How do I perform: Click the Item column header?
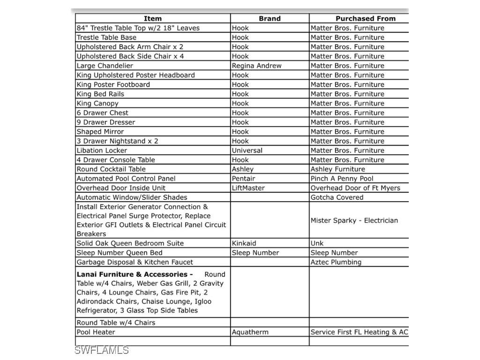[x=152, y=19]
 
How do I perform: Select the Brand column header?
[x=270, y=19]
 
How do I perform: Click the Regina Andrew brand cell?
[x=256, y=66]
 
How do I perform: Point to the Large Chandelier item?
[x=105, y=66]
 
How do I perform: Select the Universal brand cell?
[x=247, y=150]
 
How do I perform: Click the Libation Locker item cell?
[x=102, y=150]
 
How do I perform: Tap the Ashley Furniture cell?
[x=337, y=169]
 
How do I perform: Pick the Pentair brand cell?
[x=243, y=179]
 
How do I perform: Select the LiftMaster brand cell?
[x=248, y=188]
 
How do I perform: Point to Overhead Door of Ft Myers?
[x=355, y=188]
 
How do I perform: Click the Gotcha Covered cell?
[x=337, y=197]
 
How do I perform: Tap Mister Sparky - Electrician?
[x=354, y=220]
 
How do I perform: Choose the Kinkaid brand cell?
[x=244, y=243]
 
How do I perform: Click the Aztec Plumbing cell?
[x=336, y=262]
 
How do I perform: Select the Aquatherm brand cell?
[x=250, y=332]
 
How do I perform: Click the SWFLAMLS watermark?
[x=101, y=350]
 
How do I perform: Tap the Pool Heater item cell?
[x=96, y=332]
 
